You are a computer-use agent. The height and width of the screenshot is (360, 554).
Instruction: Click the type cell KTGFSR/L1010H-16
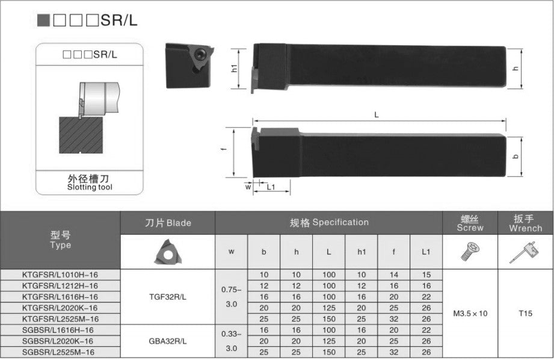(60, 275)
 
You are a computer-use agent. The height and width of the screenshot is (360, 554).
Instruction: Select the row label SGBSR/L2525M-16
(60, 352)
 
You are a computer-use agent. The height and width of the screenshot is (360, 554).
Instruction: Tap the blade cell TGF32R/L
(168, 297)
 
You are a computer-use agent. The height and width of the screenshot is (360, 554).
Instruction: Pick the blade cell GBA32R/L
(168, 341)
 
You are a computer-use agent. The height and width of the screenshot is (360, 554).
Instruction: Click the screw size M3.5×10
(470, 314)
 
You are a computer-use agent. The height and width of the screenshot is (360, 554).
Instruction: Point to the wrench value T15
(526, 314)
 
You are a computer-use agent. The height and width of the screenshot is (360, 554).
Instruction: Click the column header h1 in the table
(361, 252)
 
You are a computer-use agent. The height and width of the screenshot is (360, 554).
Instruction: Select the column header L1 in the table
(426, 252)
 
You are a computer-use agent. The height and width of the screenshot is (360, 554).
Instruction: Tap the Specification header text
(328, 222)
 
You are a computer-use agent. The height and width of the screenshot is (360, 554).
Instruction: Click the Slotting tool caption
(90, 187)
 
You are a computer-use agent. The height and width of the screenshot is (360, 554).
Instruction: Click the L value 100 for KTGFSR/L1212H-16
(328, 286)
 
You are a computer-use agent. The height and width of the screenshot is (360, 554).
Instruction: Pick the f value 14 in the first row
(393, 275)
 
